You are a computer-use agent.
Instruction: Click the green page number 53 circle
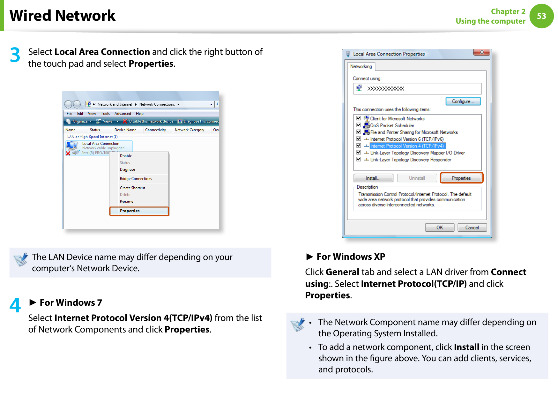pyautogui.click(x=541, y=16)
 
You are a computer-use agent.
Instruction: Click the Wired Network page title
pyautogui.click(x=63, y=16)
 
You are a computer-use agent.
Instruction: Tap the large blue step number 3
pyautogui.click(x=15, y=55)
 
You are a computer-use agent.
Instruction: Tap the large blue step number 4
pyautogui.click(x=15, y=305)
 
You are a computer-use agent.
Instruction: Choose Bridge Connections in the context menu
pyautogui.click(x=136, y=179)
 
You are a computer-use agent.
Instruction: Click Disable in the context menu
pyautogui.click(x=126, y=156)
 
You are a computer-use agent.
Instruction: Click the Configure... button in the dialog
pyautogui.click(x=463, y=101)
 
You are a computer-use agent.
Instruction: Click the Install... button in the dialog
pyautogui.click(x=373, y=178)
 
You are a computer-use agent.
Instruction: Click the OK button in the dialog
pyautogui.click(x=439, y=228)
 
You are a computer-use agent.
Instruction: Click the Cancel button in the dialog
pyautogui.click(x=472, y=228)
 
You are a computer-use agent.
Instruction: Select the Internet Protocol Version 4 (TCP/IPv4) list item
pyautogui.click(x=407, y=146)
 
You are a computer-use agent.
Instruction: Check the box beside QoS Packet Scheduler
pyautogui.click(x=359, y=125)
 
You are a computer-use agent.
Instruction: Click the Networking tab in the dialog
pyautogui.click(x=361, y=66)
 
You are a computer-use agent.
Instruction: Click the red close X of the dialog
pyautogui.click(x=481, y=52)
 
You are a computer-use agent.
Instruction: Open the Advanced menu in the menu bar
pyautogui.click(x=123, y=114)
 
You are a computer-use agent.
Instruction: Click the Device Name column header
pyautogui.click(x=125, y=130)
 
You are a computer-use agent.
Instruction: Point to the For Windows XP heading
pyautogui.click(x=351, y=257)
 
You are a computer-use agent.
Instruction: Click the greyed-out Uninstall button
pyautogui.click(x=417, y=178)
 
